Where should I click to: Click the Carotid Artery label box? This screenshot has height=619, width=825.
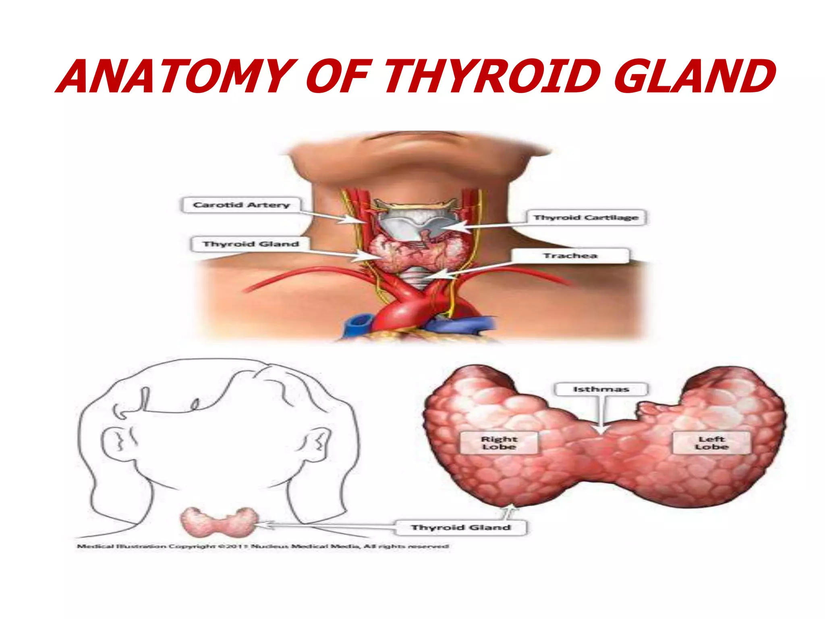tap(241, 205)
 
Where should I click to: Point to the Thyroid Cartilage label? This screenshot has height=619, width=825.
tap(586, 218)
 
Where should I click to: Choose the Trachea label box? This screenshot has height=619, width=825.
tap(570, 255)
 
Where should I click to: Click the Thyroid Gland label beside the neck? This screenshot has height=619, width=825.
tap(251, 244)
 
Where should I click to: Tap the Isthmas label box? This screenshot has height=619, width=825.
tap(601, 389)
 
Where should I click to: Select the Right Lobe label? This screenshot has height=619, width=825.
tap(499, 443)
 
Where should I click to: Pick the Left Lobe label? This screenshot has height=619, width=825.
tap(711, 443)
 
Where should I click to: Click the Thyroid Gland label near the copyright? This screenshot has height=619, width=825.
tap(461, 528)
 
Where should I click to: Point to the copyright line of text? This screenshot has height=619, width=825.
tap(263, 546)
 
